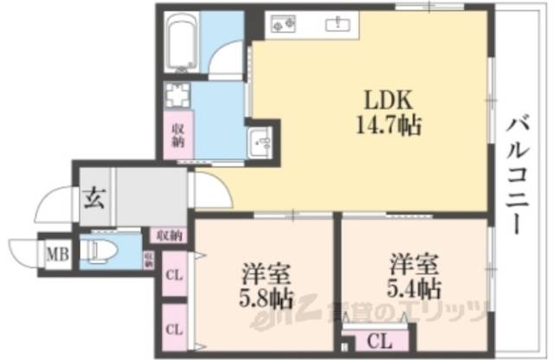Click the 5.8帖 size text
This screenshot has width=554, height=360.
pos(267,299)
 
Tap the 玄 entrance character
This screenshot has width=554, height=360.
pos(94,198)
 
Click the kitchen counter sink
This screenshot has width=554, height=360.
pos(335,24)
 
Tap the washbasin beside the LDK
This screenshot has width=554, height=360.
pos(261,141)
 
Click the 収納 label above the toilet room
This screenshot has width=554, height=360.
pos(170,235)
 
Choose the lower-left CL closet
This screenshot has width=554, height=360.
pos(174,328)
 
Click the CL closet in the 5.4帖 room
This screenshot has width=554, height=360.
pos(377,340)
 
